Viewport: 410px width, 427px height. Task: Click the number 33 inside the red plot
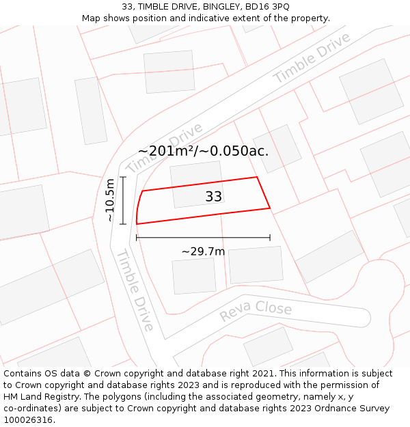[213, 197]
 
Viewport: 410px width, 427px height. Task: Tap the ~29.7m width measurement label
[203, 251]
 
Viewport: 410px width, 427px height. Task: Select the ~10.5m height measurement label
[109, 200]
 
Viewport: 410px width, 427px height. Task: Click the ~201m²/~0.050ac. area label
[203, 151]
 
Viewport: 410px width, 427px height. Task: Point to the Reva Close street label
[255, 311]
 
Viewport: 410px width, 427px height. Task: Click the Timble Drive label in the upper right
[312, 58]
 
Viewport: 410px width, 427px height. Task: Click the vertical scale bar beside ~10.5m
[123, 200]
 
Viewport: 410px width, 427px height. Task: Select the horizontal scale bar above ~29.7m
[203, 238]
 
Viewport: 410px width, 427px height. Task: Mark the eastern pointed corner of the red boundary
[270, 208]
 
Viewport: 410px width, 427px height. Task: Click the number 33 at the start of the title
[127, 6]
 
